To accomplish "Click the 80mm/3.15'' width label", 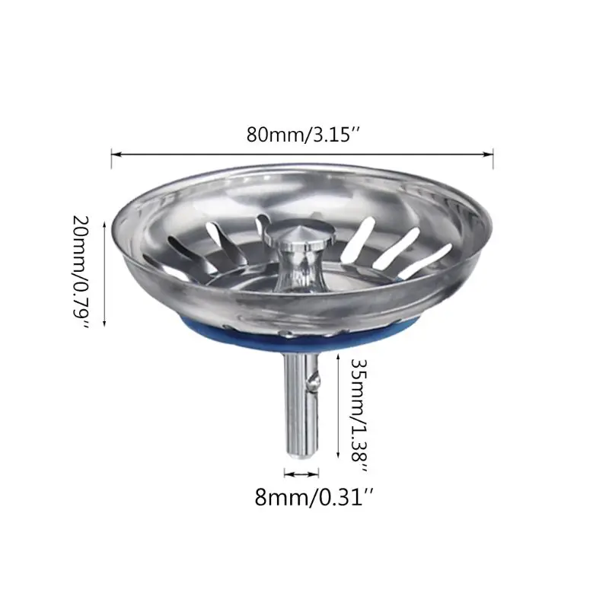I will point(303,135).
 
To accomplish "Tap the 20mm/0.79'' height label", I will point(81,272).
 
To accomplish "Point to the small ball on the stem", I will point(314,378).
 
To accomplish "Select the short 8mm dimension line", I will point(301,473).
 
